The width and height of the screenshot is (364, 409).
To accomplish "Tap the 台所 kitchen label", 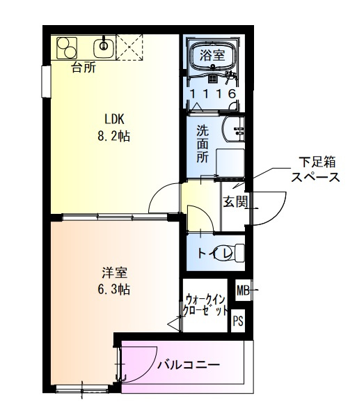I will pos(84,68).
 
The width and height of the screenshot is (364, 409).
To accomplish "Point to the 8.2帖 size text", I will pos(113,136).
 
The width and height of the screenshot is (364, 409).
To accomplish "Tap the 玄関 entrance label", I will pos(234,202).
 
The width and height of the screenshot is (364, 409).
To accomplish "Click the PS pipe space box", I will pos(238,321).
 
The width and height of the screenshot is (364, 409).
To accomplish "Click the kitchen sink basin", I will pos(104,47).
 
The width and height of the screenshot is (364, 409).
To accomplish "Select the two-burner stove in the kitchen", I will pos(68,47).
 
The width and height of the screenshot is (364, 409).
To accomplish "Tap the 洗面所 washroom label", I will pos(202,143).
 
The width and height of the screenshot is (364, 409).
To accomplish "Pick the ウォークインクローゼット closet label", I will pos(206,304).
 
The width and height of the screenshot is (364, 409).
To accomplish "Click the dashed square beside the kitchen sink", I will pos(129,47).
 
